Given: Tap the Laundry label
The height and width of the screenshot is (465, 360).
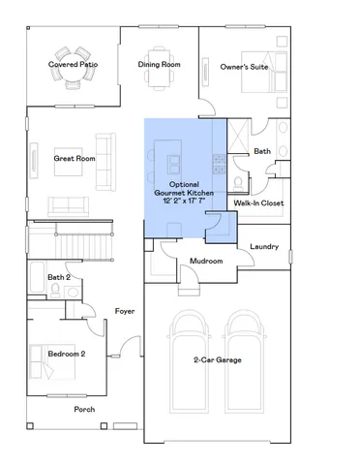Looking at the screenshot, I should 263,246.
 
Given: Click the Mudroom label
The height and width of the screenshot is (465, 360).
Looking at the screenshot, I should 206,262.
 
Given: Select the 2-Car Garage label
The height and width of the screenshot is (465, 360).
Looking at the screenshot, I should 217,359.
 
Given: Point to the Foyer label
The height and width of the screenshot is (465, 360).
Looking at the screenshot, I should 124,311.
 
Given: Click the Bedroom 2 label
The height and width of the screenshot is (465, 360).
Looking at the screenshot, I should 67,354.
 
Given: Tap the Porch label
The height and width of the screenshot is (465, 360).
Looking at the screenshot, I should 85,409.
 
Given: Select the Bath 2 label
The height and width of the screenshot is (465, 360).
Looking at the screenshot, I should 59,277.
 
